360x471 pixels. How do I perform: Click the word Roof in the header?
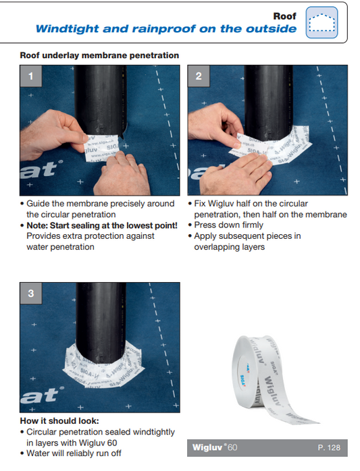point(284,16)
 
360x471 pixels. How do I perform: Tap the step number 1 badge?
point(30,76)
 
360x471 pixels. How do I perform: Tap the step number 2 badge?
point(199,76)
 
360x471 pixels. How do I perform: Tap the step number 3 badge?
point(30,293)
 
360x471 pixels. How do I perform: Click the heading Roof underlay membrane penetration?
point(99,55)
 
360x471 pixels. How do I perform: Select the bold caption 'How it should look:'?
point(59,421)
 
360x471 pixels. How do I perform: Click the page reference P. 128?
point(330,447)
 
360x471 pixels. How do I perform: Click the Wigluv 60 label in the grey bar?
point(214,447)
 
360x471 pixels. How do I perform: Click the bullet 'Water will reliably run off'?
point(74,453)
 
